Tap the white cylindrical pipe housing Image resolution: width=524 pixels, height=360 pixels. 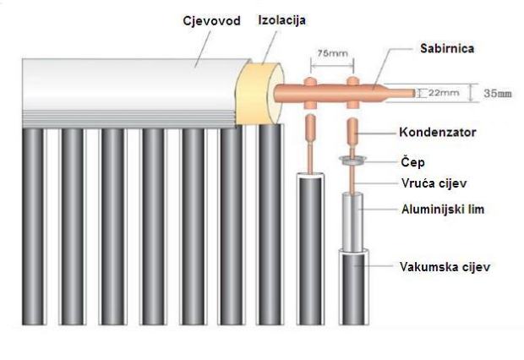tap(127, 80)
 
